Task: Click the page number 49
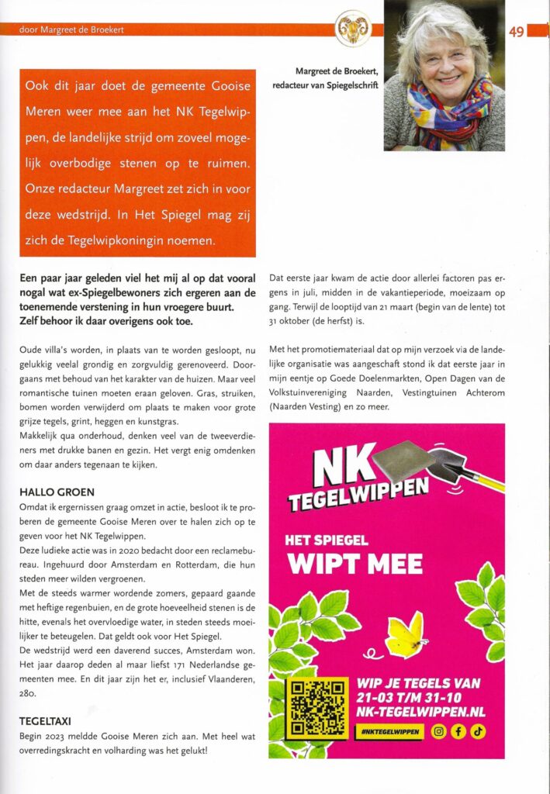click(x=517, y=32)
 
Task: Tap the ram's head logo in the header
click(x=353, y=29)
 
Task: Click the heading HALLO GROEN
click(x=57, y=492)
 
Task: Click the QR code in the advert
click(x=316, y=709)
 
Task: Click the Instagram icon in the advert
click(x=438, y=730)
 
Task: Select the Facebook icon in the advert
click(x=458, y=730)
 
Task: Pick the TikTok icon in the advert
click(x=477, y=730)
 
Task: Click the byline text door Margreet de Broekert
click(x=64, y=29)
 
